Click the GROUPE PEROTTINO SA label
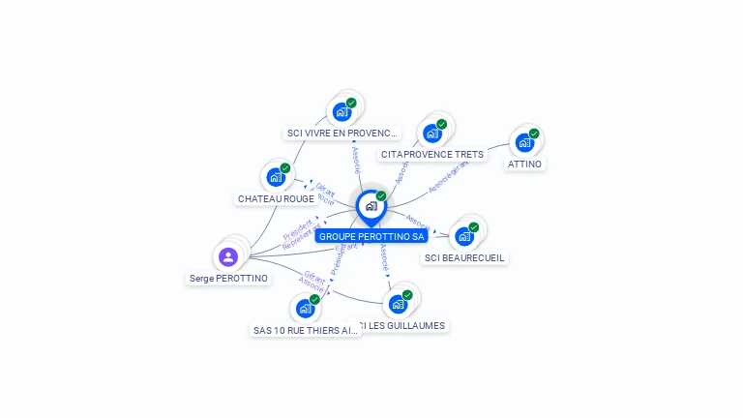tap(371, 236)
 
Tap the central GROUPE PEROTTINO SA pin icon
tap(371, 206)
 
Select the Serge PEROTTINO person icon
tap(228, 256)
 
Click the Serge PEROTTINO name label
tap(228, 278)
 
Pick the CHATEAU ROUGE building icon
tap(276, 178)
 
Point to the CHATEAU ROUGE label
tap(276, 198)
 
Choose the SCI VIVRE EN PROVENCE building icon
tap(342, 112)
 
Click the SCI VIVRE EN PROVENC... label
tap(342, 133)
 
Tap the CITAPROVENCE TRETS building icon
tap(431, 134)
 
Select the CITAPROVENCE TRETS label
tap(432, 154)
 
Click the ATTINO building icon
tap(524, 143)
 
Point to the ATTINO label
tap(525, 164)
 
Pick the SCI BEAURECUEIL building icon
tap(464, 237)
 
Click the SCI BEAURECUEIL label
tap(465, 257)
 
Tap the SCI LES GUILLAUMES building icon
tap(398, 305)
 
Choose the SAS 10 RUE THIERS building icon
tap(305, 309)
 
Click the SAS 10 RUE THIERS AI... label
tap(306, 330)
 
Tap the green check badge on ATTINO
tap(534, 134)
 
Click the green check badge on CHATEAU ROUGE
tap(285, 168)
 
